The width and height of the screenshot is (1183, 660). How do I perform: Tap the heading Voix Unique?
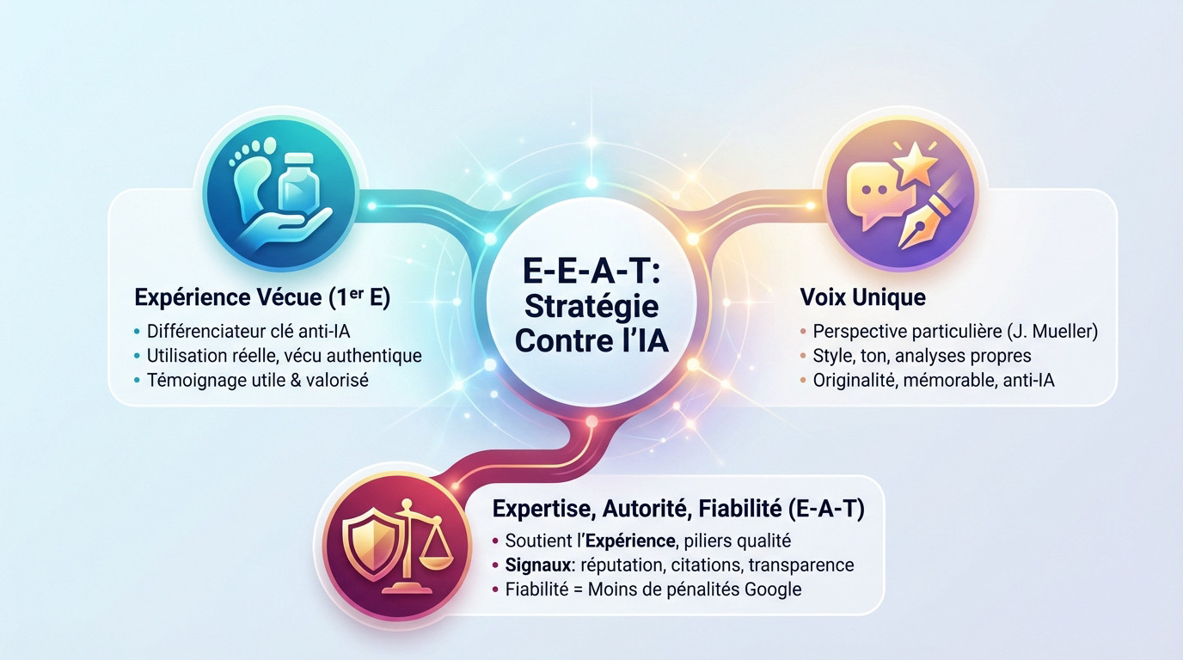point(862,297)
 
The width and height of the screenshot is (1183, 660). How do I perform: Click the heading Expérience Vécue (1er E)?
point(262,297)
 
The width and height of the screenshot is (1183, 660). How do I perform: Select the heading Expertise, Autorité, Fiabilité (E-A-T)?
point(678,509)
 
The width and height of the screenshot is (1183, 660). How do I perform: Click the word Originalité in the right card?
point(854,379)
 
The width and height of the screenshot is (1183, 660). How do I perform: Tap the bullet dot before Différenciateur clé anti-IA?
point(138,331)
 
